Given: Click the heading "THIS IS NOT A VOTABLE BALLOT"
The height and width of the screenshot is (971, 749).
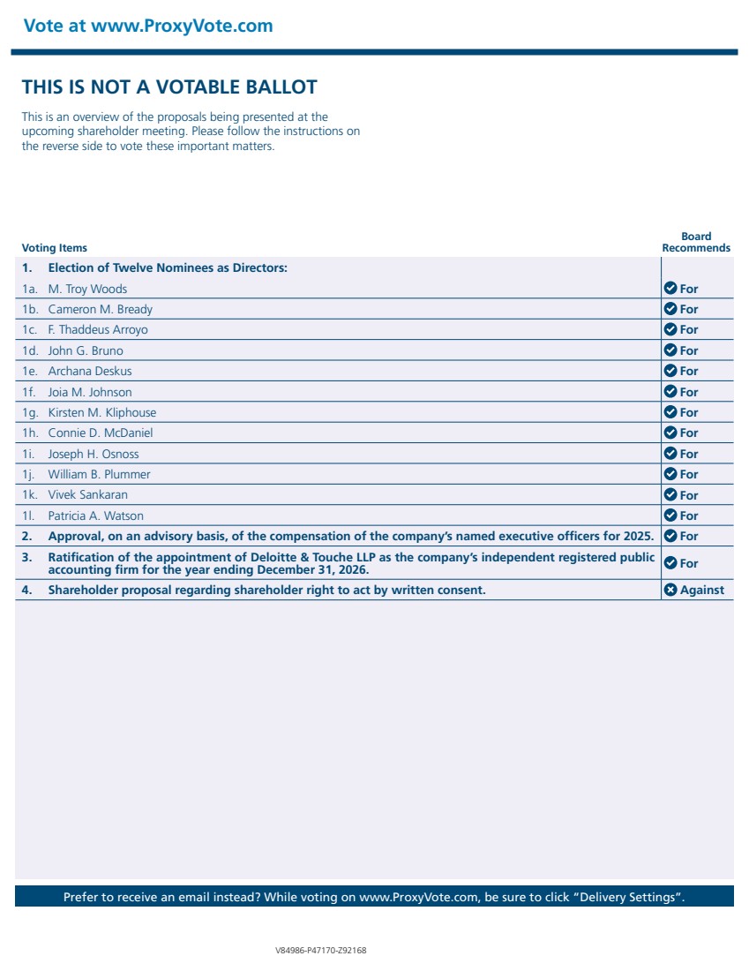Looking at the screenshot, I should tap(169, 87).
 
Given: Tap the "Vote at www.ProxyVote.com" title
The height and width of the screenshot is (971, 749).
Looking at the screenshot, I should tap(148, 26).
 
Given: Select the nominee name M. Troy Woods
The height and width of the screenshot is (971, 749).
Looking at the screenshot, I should tap(87, 289).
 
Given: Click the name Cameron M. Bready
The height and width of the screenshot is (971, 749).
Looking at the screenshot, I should tap(100, 309).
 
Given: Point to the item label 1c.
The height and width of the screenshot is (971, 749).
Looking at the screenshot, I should tap(30, 329).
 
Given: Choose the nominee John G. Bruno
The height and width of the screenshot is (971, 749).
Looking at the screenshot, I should tap(86, 350).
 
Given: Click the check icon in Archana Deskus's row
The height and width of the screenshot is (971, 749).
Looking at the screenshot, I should tap(670, 371).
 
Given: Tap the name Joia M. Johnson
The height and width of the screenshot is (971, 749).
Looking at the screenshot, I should tap(90, 392).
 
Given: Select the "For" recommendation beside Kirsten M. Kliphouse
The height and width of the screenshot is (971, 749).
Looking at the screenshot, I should tap(688, 412).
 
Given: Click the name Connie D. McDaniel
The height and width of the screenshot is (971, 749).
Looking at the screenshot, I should tap(100, 433).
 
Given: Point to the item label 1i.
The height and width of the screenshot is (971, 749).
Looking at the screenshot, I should tap(29, 454).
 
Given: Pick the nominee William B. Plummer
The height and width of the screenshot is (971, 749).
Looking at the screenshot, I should tap(99, 474).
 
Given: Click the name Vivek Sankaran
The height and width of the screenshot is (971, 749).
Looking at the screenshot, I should tap(87, 495).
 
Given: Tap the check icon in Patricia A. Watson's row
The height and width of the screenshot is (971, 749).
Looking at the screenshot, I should tap(670, 516).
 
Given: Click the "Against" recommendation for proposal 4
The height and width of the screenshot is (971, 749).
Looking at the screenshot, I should tap(701, 590).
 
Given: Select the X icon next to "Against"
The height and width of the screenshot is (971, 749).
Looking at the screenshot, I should tap(670, 590).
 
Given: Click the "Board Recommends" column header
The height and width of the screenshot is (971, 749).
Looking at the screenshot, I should tap(696, 242).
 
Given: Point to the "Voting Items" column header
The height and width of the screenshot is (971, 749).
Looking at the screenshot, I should tap(55, 248).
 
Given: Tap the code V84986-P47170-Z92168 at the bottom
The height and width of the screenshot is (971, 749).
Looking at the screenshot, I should tap(321, 951).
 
